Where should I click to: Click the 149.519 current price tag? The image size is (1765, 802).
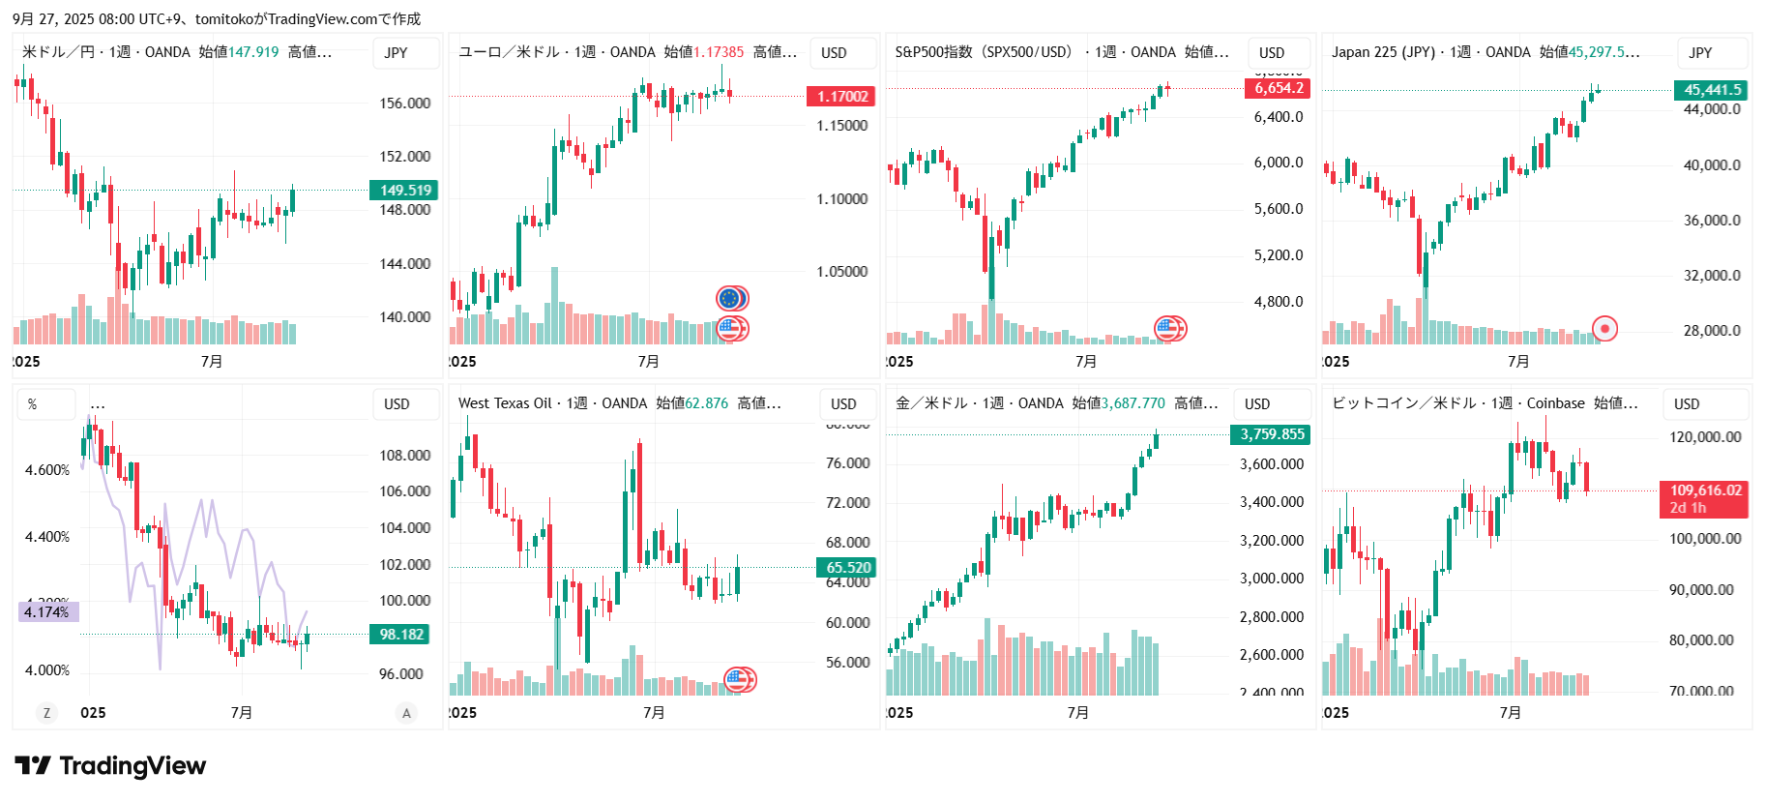[x=404, y=191]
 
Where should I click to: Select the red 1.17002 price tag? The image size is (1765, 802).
[x=841, y=97]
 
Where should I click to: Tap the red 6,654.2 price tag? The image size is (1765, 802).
[x=1278, y=88]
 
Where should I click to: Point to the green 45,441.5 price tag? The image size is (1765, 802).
[x=1712, y=90]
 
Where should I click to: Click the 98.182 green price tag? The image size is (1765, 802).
[x=400, y=635]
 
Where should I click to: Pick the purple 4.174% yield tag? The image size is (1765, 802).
[x=47, y=612]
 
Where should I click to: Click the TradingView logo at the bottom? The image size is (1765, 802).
[x=110, y=766]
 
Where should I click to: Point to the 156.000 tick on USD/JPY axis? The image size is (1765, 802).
[x=404, y=104]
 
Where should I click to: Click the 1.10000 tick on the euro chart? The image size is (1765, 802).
[x=841, y=199]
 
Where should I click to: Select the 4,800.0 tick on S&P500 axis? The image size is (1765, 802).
[x=1278, y=302]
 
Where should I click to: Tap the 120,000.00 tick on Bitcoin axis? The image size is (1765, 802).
[x=1704, y=437]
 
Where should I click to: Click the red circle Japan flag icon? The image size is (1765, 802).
[x=1604, y=329]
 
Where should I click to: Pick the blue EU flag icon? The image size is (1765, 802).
[x=730, y=298]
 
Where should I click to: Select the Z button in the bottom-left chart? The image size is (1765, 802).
[x=46, y=713]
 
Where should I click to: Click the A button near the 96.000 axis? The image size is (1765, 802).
[x=406, y=713]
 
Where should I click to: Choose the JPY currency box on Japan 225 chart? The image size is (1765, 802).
[x=1700, y=53]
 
